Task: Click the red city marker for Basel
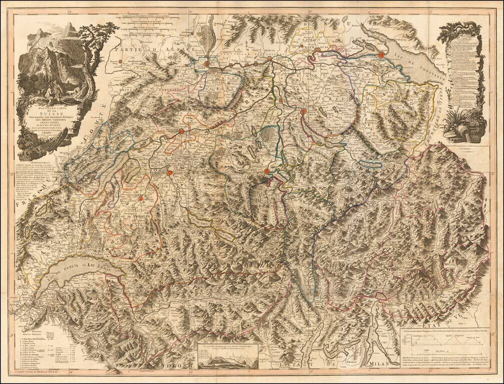pos(206,64)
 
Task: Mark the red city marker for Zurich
pos(303,111)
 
